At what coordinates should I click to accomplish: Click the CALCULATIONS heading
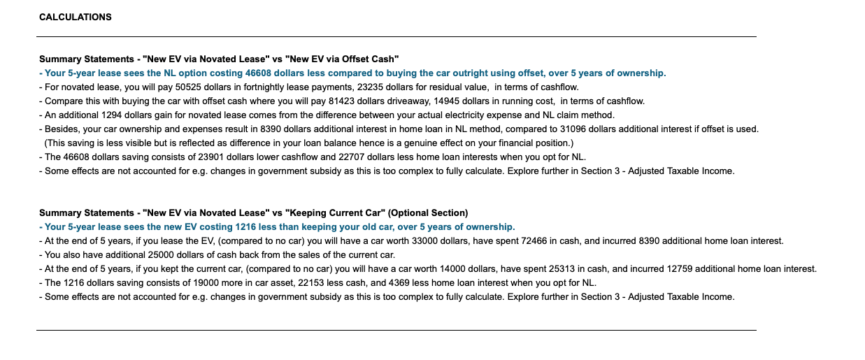coord(75,17)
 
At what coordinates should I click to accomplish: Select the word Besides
coord(61,129)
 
